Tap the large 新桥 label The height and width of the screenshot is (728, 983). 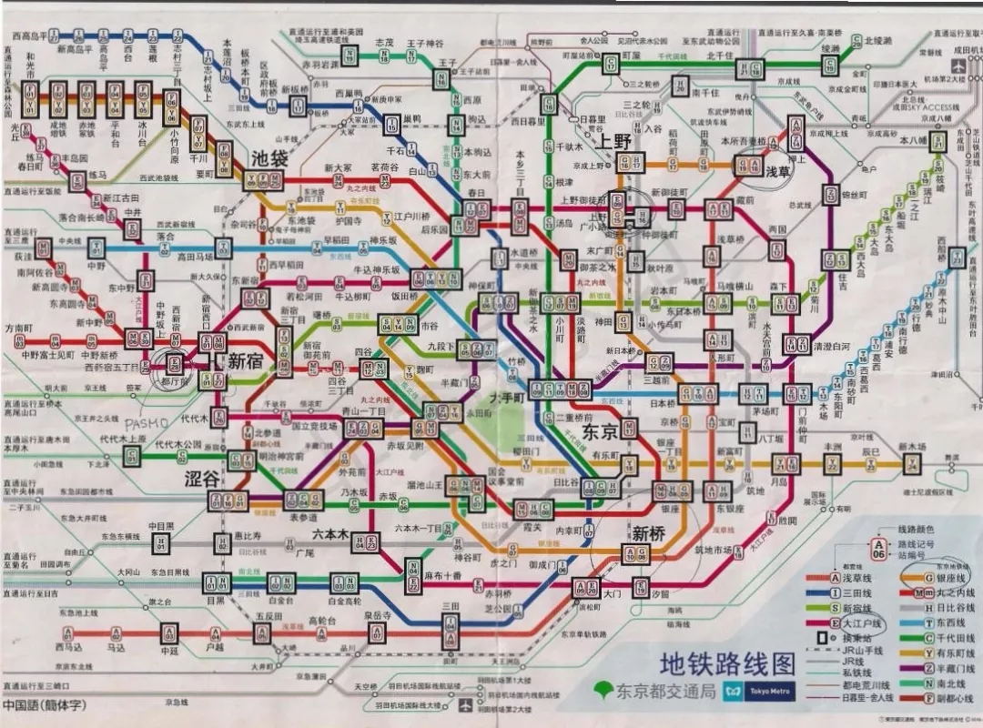click(650, 533)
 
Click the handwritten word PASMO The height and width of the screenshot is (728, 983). click(146, 424)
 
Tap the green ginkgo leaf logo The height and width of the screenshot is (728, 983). click(602, 691)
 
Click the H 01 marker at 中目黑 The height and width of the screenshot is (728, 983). click(161, 543)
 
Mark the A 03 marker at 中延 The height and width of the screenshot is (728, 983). click(169, 632)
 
